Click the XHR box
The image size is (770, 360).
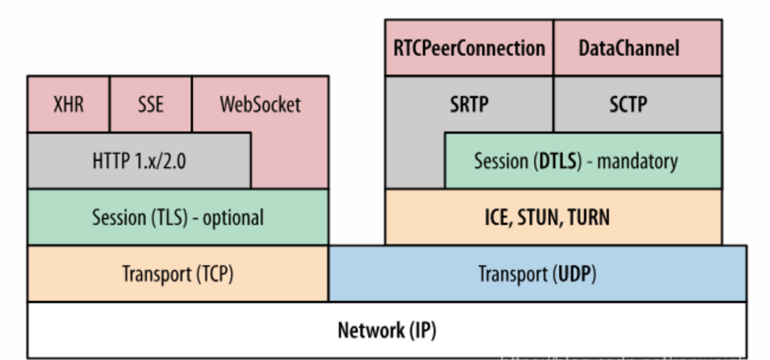coord(68,104)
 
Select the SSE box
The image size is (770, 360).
coord(150,104)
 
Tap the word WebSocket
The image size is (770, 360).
coord(260,104)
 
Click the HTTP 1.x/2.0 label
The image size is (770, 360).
coord(139,161)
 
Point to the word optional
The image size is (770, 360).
coord(233,218)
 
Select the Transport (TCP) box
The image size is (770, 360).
coord(178,274)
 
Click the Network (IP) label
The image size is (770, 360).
coord(387,330)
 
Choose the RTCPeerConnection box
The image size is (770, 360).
coord(469,48)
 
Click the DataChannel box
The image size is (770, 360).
coord(638,48)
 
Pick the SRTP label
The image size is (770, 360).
coord(469,104)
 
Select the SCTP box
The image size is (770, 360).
coord(638,104)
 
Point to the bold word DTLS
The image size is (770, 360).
coord(558,161)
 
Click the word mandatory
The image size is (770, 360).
coord(638,162)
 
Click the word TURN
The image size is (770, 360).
coord(589,217)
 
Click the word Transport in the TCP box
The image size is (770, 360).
coord(157,274)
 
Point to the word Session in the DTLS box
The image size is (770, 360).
coord(501,161)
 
